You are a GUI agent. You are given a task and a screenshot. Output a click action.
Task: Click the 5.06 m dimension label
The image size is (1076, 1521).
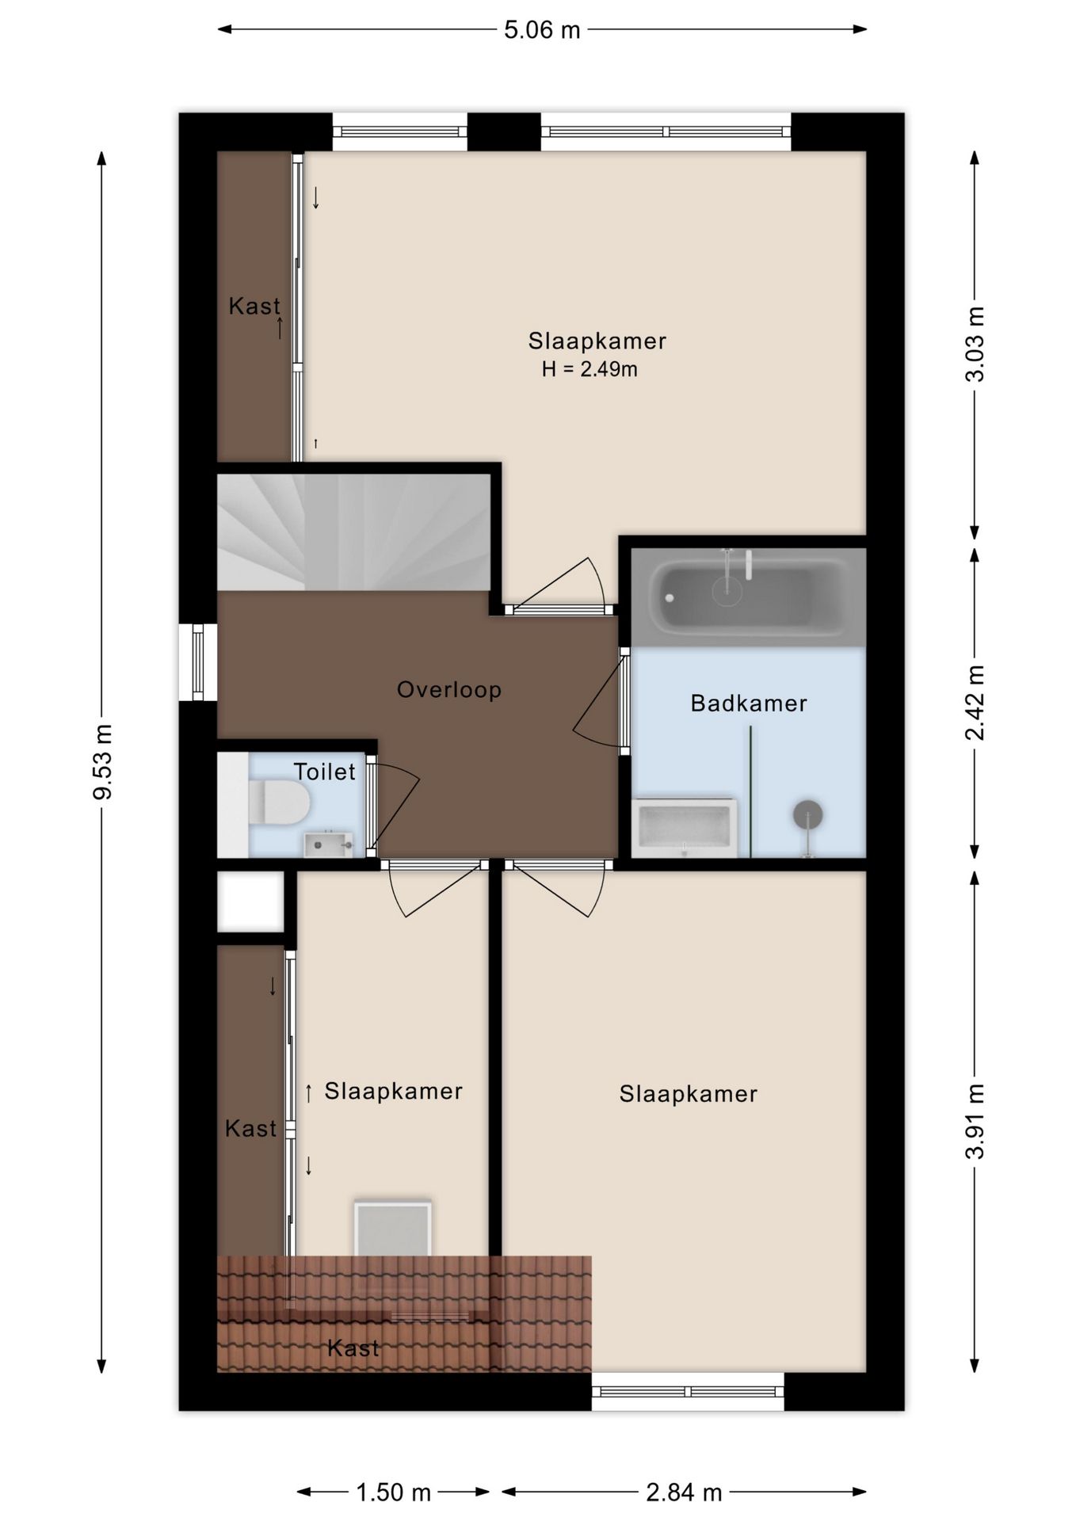[542, 30]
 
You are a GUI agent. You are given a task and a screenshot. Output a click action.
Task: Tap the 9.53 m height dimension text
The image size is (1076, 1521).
[103, 761]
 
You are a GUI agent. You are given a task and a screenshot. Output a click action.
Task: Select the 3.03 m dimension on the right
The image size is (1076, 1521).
[975, 344]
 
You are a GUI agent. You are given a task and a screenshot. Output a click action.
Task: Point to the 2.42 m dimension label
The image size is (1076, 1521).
[975, 703]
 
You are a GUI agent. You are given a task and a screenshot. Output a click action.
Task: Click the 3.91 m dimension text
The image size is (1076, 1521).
[975, 1121]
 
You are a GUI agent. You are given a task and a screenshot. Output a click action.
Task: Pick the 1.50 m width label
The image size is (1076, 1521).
[393, 1493]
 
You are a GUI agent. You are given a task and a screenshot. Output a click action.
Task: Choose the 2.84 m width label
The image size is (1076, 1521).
[684, 1493]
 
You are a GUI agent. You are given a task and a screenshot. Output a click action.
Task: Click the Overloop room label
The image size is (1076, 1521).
[449, 690]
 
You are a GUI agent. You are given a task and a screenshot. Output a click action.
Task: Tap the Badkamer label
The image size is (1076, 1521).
[749, 703]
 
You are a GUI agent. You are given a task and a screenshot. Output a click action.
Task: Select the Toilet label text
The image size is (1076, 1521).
[325, 772]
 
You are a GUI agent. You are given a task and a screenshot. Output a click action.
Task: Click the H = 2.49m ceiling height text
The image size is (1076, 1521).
[590, 369]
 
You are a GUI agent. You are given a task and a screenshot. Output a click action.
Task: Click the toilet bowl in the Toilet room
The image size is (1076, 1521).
[277, 802]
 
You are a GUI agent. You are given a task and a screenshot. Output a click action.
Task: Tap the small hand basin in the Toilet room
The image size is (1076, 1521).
[328, 844]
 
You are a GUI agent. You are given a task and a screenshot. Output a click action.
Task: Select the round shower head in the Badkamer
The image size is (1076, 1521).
[807, 814]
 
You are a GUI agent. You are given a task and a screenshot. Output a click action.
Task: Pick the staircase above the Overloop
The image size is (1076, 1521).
[353, 532]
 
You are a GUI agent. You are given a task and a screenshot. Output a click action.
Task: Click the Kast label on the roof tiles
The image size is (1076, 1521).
[353, 1348]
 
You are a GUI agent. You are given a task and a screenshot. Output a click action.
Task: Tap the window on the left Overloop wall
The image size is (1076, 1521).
[198, 662]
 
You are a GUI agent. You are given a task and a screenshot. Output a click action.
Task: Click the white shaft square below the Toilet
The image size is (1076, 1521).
[250, 902]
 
